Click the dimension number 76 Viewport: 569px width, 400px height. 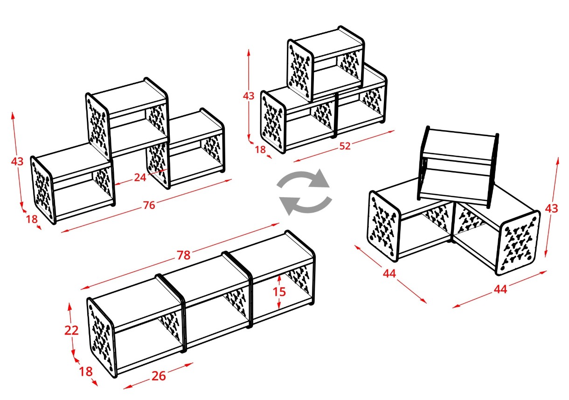coord(149,205)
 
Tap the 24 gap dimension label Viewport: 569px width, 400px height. coord(140,178)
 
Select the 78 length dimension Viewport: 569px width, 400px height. coord(183,255)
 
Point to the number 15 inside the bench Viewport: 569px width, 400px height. coord(279,291)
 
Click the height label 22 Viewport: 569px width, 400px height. coord(71,331)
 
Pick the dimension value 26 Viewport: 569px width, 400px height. coord(159,376)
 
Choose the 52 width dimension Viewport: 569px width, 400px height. coord(345,146)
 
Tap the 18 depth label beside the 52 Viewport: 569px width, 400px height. coord(260,150)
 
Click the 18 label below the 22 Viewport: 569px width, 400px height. coord(86,372)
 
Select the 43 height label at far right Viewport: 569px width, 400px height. coord(551,208)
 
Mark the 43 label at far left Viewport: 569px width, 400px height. coord(17,161)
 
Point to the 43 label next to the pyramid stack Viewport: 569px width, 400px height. coord(249,96)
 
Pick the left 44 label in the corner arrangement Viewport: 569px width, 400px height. coord(389,273)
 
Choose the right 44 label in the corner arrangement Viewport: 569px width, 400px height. coord(500,289)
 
